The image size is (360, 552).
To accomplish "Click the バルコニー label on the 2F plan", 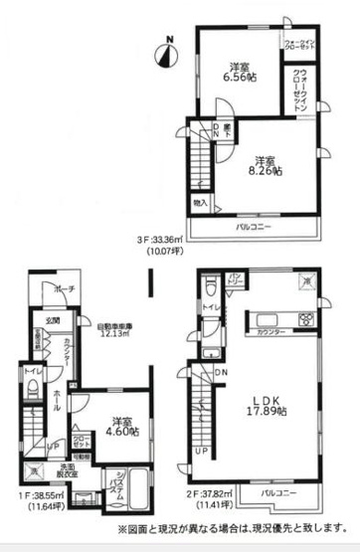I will point(281,492).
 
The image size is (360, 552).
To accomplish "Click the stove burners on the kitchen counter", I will point(305,320).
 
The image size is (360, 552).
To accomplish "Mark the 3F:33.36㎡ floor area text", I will point(222,243).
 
